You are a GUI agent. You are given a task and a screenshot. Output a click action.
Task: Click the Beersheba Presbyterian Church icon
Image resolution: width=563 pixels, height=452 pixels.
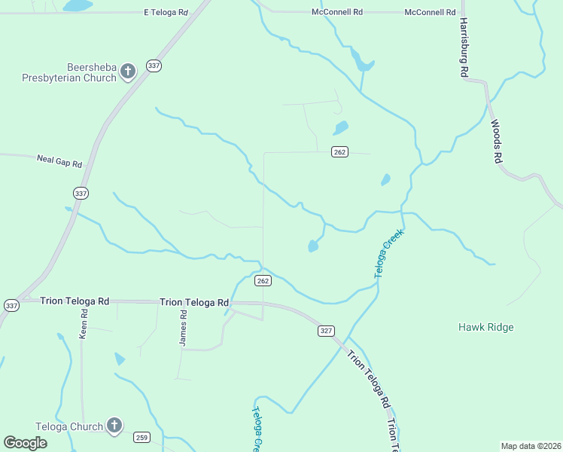pos(127,72)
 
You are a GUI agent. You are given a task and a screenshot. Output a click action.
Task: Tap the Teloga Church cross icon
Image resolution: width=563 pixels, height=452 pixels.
pos(114,426)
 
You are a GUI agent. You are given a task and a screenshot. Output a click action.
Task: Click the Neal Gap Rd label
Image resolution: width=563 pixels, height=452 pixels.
pos(59,159)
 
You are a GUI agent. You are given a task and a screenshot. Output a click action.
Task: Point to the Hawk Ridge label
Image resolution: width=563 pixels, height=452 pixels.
pos(486,327)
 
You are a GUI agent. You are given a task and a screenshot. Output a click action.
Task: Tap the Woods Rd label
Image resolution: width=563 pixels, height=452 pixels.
pos(495,142)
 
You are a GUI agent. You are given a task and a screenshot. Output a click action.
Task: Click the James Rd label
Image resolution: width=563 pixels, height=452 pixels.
pos(183,331)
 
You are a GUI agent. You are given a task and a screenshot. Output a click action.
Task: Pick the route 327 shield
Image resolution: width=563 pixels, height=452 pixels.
pos(324,331)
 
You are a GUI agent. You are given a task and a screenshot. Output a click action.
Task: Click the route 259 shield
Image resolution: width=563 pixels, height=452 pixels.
pos(142,437)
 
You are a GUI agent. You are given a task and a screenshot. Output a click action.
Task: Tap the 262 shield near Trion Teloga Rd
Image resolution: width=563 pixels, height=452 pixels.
pos(262,281)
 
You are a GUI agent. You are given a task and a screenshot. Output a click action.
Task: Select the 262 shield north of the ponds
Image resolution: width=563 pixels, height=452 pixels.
pos(339,152)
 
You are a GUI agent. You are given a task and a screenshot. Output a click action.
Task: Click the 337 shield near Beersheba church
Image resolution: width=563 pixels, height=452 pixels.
pos(154,66)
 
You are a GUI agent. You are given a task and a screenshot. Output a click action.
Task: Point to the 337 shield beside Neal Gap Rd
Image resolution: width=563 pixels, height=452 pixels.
pos(81,194)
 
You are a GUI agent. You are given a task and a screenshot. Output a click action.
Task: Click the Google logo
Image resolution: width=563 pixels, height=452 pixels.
pos(25,442)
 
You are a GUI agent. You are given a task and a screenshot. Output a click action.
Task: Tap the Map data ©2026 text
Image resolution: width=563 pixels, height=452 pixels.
pos(531,445)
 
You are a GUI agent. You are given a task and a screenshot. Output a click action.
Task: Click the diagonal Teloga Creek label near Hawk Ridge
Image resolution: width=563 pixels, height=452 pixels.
pos(389,253)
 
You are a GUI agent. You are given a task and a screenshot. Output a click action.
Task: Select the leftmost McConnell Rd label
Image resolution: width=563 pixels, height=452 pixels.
pos(337,13)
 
